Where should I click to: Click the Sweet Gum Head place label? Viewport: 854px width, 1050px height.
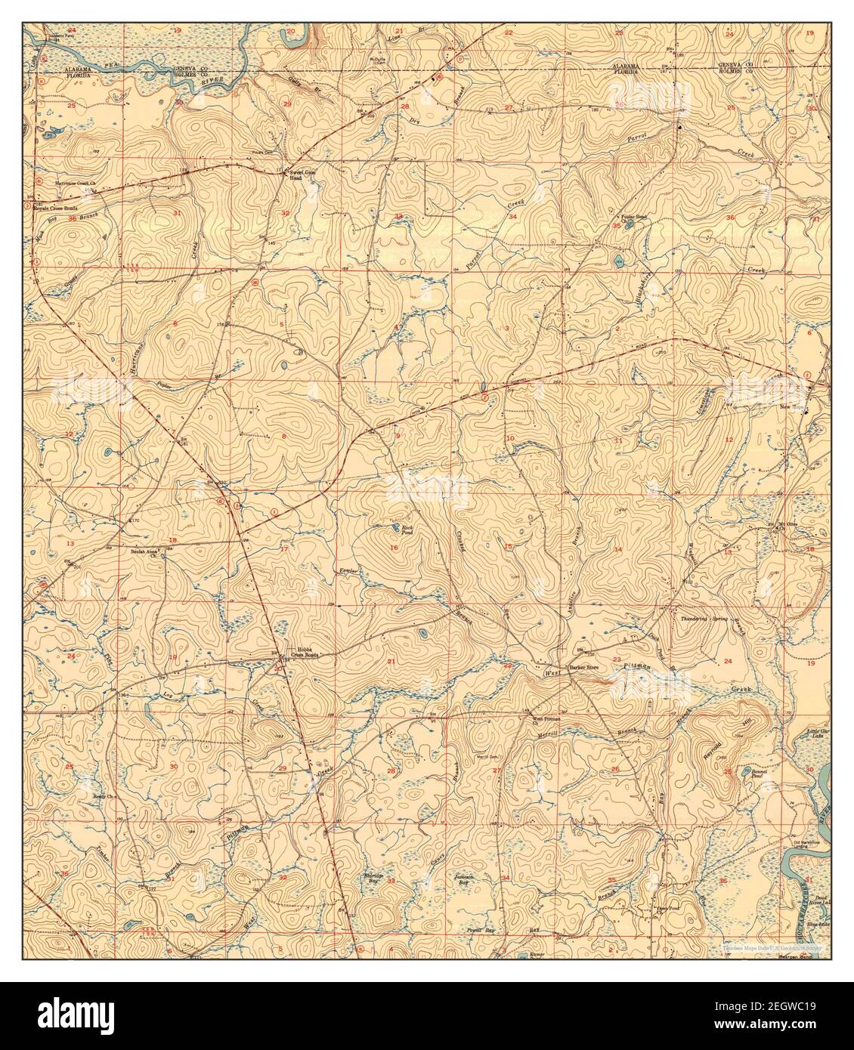point(302,175)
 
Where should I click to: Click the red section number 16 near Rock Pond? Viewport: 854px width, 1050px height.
point(395,548)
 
